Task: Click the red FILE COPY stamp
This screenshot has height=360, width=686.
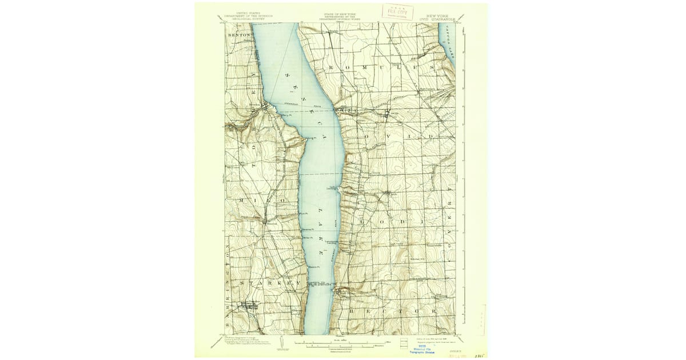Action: pos(398,11)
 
